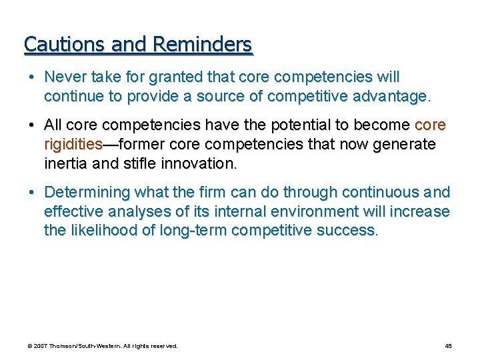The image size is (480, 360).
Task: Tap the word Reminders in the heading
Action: (202, 44)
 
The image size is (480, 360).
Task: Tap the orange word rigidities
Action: (73, 144)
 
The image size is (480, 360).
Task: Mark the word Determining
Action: (87, 193)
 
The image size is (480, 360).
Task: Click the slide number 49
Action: (448, 346)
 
